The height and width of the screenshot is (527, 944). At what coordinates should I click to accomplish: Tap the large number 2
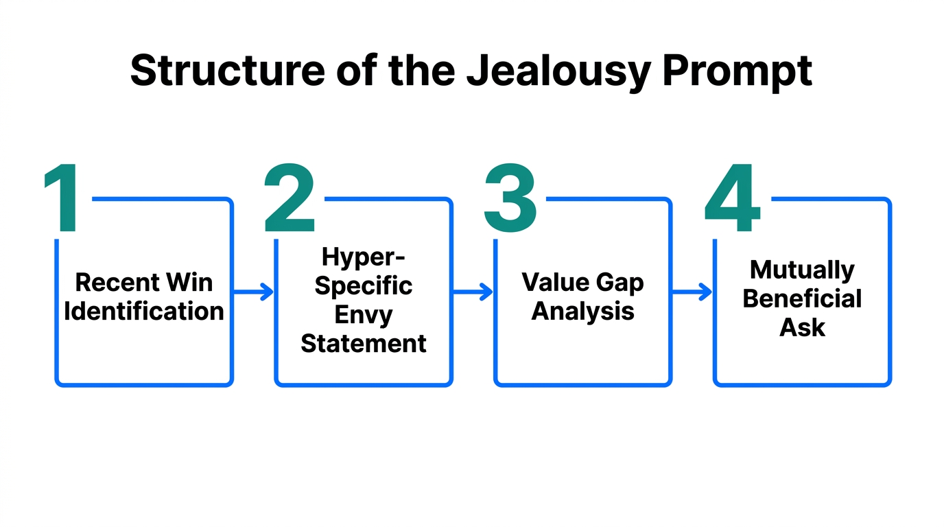290,199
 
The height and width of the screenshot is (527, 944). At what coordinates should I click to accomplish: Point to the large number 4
733,199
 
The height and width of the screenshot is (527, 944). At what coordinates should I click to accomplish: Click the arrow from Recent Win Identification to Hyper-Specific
253,292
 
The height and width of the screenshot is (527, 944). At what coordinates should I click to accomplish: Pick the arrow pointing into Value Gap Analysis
473,292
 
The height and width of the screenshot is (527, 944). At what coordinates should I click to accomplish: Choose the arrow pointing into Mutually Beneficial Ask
692,292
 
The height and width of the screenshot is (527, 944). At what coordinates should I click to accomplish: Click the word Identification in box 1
144,312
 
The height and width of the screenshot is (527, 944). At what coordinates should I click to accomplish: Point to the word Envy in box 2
364,314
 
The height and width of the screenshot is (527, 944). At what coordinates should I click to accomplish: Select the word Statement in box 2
364,343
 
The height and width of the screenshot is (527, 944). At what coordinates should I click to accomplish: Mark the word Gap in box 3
620,282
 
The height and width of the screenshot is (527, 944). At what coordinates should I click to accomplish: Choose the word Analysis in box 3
583,312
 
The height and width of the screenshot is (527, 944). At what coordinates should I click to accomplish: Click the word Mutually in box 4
802,270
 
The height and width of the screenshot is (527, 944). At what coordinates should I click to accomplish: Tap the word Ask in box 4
802,328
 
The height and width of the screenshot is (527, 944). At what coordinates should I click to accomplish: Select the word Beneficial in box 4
802,299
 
